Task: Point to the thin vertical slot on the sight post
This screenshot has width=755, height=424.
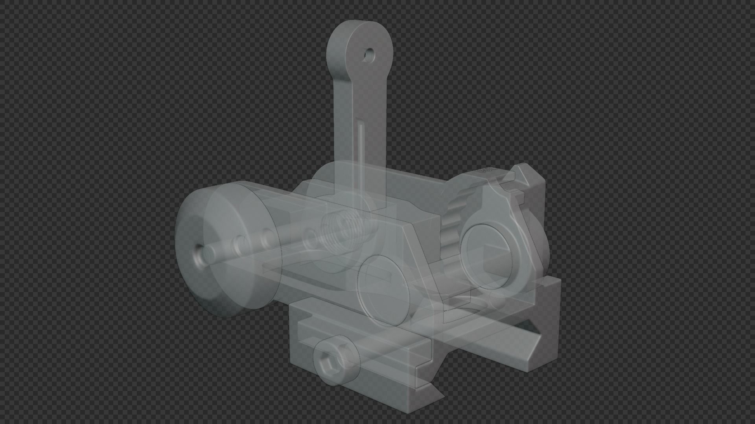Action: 361,145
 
